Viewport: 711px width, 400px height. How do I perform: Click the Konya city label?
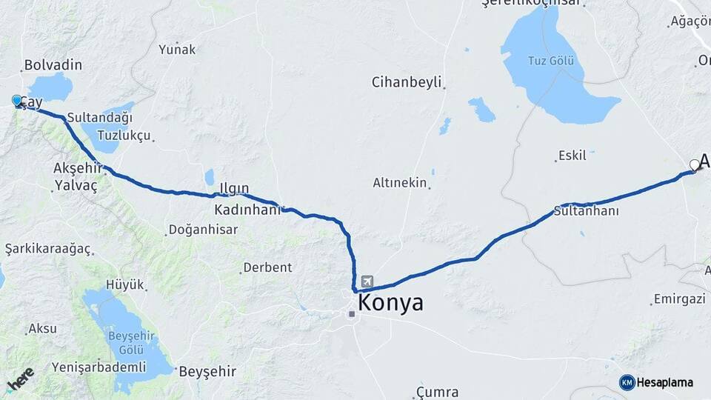tap(390, 303)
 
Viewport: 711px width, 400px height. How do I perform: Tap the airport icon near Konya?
tap(368, 282)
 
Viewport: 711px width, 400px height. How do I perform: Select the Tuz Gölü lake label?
tap(551, 60)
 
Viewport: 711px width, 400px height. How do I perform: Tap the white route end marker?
tap(694, 164)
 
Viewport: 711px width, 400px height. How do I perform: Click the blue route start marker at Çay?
tap(17, 101)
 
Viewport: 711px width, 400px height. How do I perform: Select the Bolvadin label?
tap(53, 65)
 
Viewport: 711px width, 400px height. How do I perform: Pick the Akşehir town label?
tap(76, 168)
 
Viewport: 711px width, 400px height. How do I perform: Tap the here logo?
tap(21, 378)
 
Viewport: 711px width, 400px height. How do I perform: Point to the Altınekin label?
tap(400, 183)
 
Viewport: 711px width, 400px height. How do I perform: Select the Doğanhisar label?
tap(203, 230)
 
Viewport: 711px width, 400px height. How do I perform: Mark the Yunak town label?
tap(177, 50)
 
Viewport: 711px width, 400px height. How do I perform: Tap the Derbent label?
tap(267, 267)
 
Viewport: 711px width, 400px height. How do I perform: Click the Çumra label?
tap(437, 392)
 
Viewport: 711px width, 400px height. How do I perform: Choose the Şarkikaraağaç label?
tap(47, 248)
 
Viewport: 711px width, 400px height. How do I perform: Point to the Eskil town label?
tap(573, 156)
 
